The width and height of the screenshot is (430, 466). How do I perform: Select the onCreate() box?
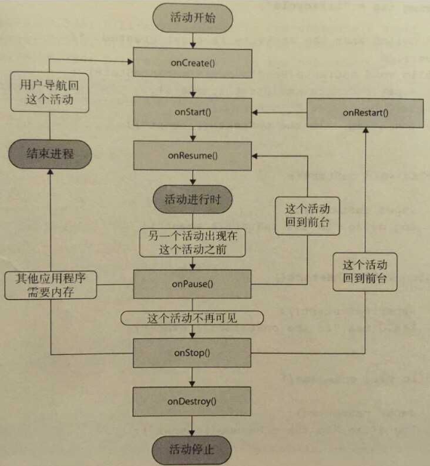[x=192, y=60]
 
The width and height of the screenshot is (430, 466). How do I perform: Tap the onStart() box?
[x=192, y=113]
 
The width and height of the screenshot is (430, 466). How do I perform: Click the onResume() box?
[x=192, y=156]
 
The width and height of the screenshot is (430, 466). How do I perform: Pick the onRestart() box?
[x=365, y=113]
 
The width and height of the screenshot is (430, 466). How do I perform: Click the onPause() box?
[x=192, y=285]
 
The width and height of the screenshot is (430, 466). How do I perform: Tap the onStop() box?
[x=192, y=353]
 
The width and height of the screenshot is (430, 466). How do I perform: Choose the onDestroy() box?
[x=192, y=400]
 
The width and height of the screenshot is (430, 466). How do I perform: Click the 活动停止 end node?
[x=192, y=448]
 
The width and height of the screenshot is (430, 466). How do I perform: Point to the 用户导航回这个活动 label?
[x=51, y=92]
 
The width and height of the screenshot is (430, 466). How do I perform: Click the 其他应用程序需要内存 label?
[x=51, y=285]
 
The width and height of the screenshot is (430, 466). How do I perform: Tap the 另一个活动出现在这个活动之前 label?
[x=192, y=242]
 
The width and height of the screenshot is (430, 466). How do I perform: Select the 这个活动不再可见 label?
[x=192, y=318]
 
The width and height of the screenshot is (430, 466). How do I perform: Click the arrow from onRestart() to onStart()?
[x=278, y=113]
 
